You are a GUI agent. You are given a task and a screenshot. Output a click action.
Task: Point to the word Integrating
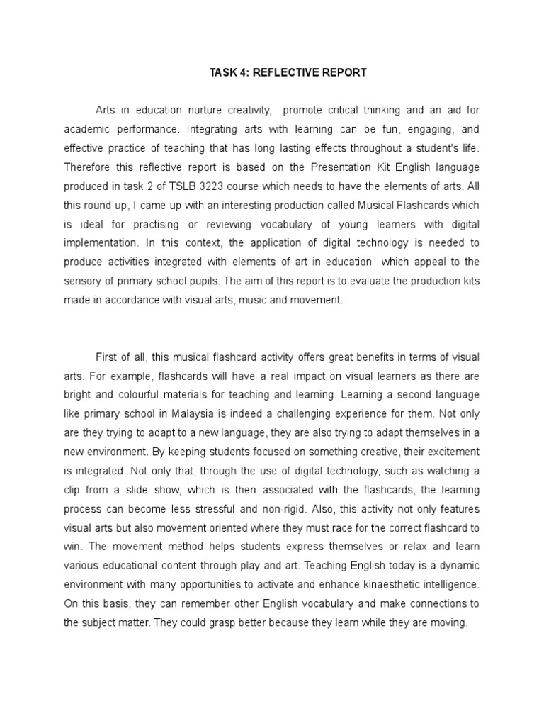click(x=234, y=130)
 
